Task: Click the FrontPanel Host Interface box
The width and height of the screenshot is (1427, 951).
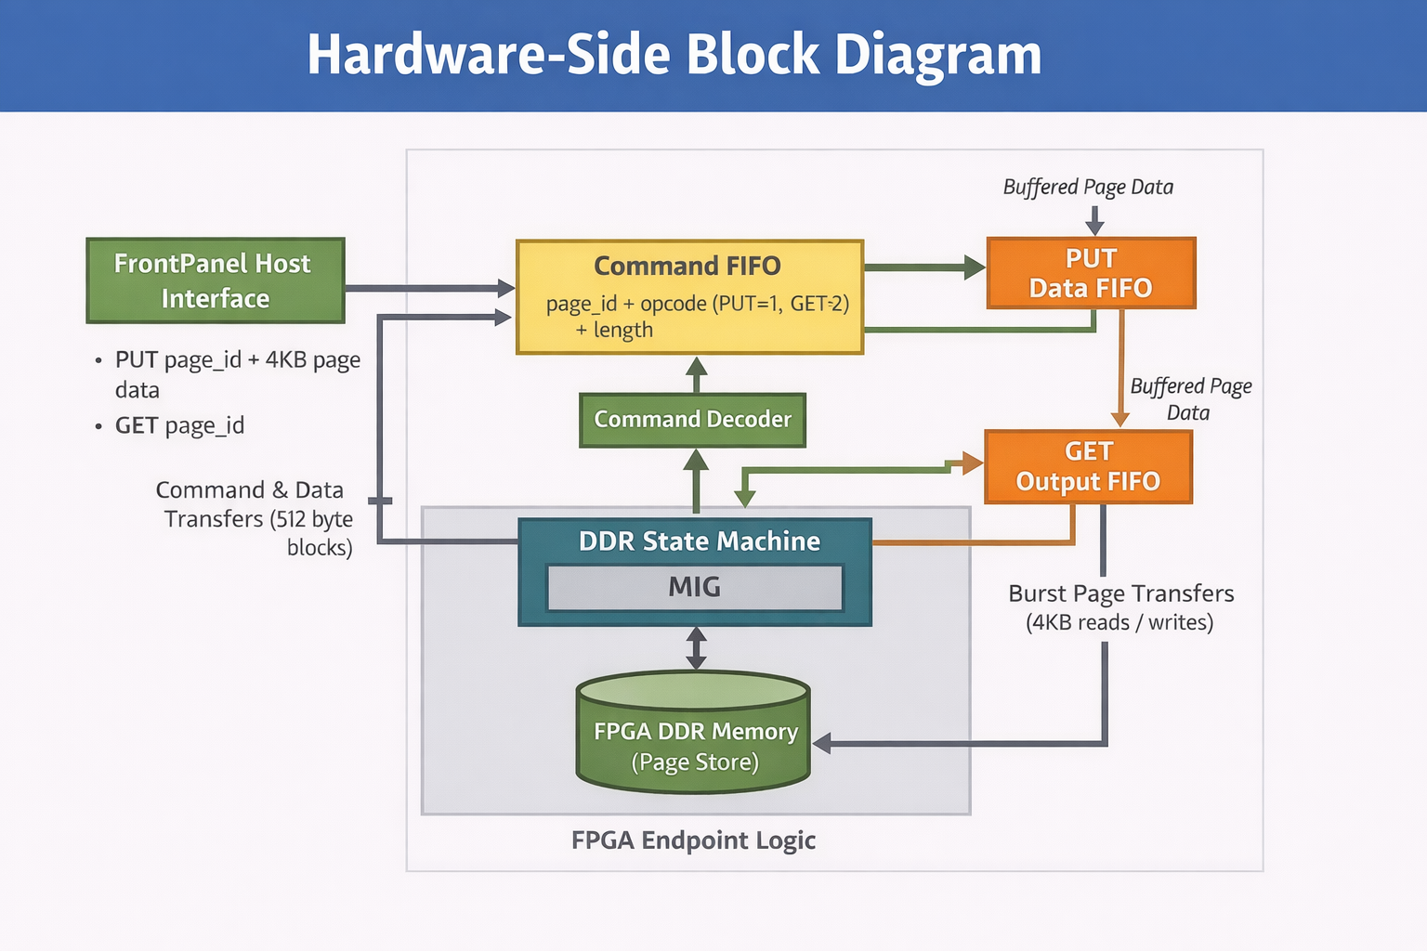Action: [x=215, y=280]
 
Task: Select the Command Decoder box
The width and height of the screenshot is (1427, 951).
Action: [x=692, y=420]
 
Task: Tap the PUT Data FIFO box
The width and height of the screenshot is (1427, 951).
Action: [x=1091, y=273]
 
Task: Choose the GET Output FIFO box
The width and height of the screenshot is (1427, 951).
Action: [x=1088, y=466]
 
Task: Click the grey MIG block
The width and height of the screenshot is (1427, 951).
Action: [x=695, y=588]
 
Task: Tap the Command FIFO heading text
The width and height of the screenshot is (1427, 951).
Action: [x=687, y=267]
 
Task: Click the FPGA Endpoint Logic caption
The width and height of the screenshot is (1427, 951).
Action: [x=693, y=840]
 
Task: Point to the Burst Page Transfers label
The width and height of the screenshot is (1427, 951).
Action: [x=1120, y=593]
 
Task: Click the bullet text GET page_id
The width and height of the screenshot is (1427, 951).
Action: [x=179, y=425]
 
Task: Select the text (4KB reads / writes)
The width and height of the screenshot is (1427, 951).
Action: [x=1119, y=622]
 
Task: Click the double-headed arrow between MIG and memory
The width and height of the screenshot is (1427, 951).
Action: [x=696, y=648]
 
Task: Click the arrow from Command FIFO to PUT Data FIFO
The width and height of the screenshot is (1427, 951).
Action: [x=924, y=268]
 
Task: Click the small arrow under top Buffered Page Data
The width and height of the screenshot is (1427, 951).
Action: [x=1094, y=220]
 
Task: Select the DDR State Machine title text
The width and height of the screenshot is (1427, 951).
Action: [x=699, y=541]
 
